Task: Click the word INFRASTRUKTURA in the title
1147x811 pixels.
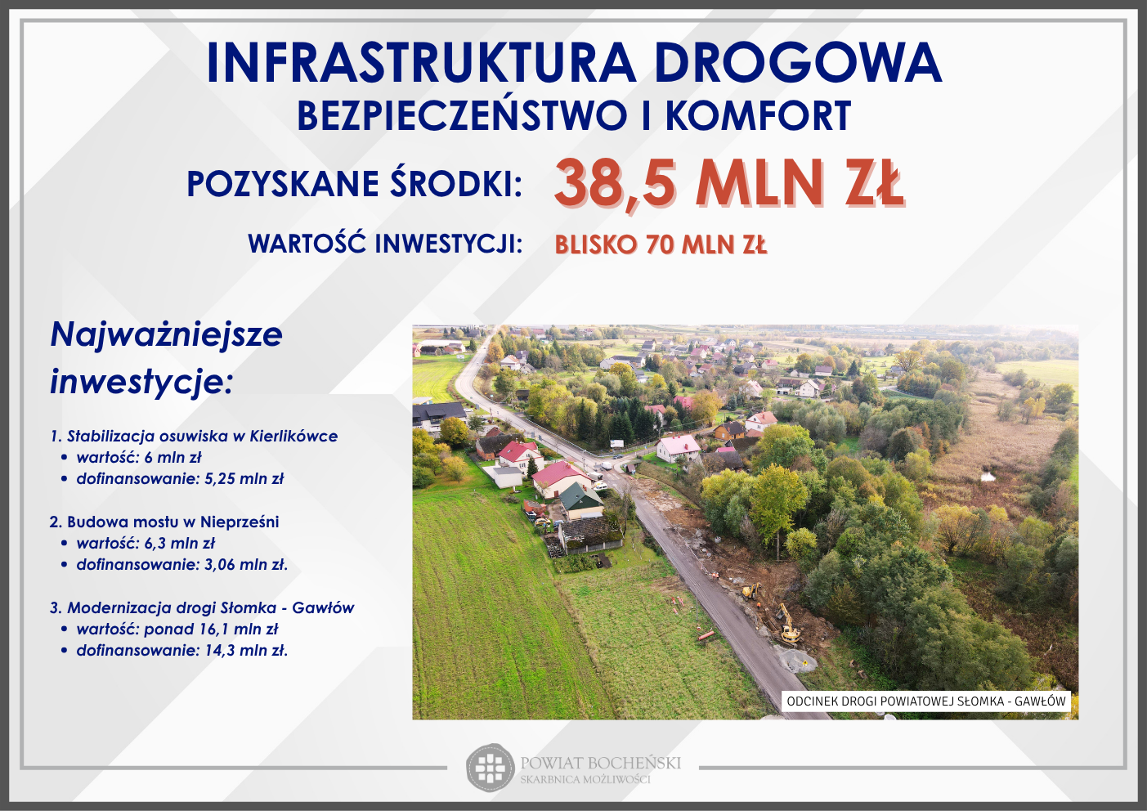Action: [421, 63]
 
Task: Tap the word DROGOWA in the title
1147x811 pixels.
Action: [798, 63]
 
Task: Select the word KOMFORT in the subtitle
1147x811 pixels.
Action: [758, 116]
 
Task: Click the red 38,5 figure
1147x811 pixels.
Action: [615, 183]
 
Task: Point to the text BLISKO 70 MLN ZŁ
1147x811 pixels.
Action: [661, 244]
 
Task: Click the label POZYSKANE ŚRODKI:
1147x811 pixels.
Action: [354, 183]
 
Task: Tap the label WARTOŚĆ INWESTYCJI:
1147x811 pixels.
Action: [385, 244]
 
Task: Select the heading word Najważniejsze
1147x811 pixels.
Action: [167, 335]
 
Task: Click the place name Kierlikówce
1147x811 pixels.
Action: [293, 437]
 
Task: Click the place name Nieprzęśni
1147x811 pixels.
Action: [240, 522]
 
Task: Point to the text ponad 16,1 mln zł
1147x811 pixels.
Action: [211, 630]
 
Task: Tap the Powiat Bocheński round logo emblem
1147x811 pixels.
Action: [490, 768]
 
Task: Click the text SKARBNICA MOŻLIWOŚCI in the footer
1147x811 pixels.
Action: [585, 780]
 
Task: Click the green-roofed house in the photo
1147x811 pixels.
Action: [582, 500]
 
